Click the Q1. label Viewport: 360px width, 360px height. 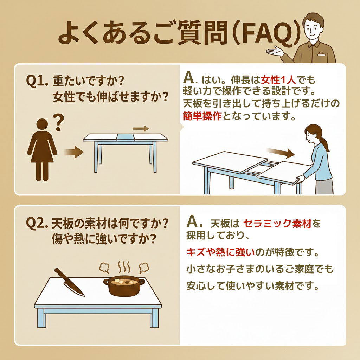tap(37, 81)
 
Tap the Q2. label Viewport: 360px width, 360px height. tap(37, 223)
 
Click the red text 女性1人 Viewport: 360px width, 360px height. tap(278, 80)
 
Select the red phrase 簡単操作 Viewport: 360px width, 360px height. tap(202, 116)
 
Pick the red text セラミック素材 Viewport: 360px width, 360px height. tap(277, 223)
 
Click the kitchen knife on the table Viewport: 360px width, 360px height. tap(69, 282)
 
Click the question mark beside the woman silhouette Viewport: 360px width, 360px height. tap(59, 123)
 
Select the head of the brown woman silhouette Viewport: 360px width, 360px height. tap(42, 125)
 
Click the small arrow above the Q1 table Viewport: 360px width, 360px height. tap(141, 129)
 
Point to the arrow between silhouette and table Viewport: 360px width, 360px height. tap(73, 152)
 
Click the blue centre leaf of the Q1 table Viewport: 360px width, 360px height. tap(126, 137)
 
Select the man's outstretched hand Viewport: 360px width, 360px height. tap(275, 51)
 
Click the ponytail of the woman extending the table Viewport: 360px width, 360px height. tap(325, 143)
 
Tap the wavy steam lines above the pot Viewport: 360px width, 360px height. tap(124, 267)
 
